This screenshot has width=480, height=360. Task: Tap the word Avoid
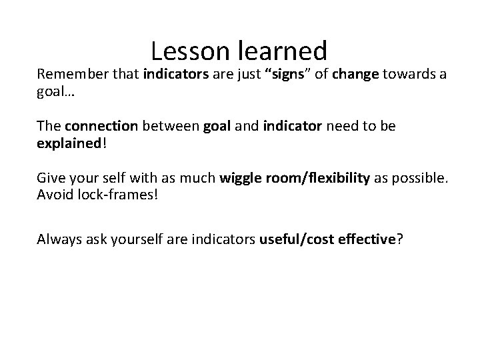(53, 195)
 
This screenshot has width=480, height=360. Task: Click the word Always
(58, 239)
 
